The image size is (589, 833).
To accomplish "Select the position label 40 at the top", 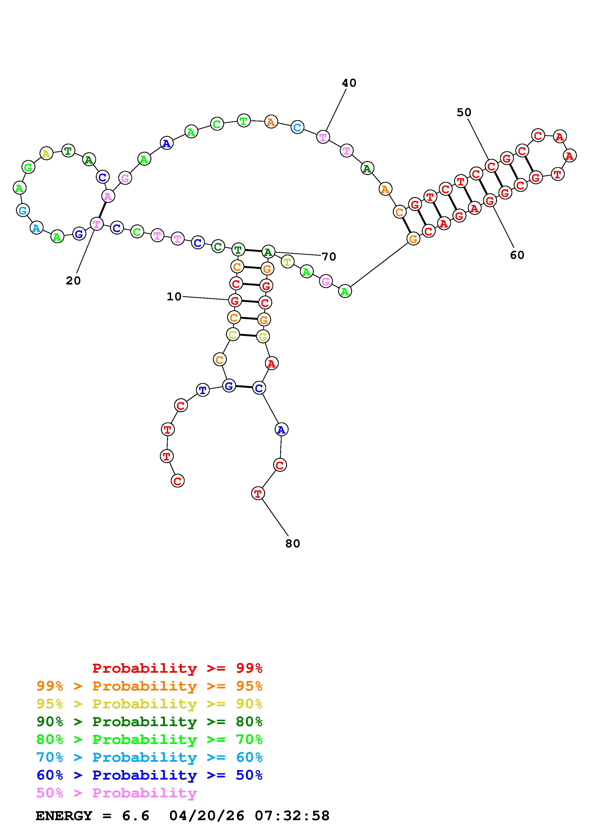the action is [349, 83].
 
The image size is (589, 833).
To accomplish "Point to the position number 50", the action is [464, 113].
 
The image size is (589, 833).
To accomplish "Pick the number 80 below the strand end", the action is [292, 543].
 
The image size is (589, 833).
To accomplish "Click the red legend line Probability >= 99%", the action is [177, 668].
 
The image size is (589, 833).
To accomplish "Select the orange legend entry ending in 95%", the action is [149, 686].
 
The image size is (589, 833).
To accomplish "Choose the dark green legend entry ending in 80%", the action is [149, 722].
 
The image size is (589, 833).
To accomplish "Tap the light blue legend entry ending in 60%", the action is [149, 757].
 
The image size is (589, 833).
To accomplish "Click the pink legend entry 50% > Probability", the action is [116, 793].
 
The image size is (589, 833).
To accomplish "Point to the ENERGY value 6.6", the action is [136, 816].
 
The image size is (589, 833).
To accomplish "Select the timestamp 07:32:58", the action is [292, 816].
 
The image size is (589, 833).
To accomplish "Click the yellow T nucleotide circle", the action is [287, 262].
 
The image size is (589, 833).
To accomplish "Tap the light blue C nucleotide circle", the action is [297, 127].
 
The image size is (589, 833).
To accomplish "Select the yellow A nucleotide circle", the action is [46, 154].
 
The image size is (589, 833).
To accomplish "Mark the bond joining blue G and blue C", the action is [244, 387].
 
